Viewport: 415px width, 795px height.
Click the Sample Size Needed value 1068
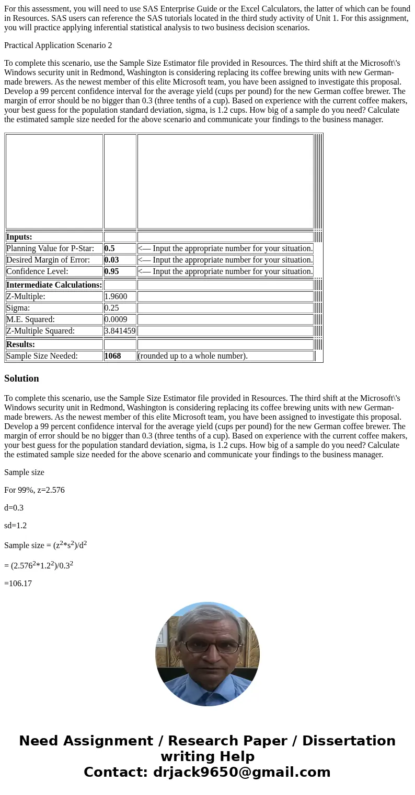tap(113, 356)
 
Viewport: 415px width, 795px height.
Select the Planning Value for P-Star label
tap(50, 248)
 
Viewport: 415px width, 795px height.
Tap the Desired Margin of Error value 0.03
tap(112, 260)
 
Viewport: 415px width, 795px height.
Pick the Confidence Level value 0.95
tap(112, 271)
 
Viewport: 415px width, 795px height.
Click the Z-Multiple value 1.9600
tap(116, 296)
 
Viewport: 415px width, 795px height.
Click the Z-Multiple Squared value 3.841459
tap(120, 331)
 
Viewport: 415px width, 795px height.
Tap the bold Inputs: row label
tap(19, 237)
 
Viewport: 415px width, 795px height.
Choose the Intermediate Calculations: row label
tap(54, 285)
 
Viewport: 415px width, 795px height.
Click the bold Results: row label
tap(21, 345)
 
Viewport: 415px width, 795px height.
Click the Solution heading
tap(21, 378)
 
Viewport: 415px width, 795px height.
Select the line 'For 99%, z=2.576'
tap(34, 490)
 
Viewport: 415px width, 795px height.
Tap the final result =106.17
tap(18, 584)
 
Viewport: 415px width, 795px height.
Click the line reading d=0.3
tap(14, 508)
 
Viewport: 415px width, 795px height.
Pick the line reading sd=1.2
tap(16, 526)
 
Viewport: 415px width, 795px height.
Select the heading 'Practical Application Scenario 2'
tap(58, 45)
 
